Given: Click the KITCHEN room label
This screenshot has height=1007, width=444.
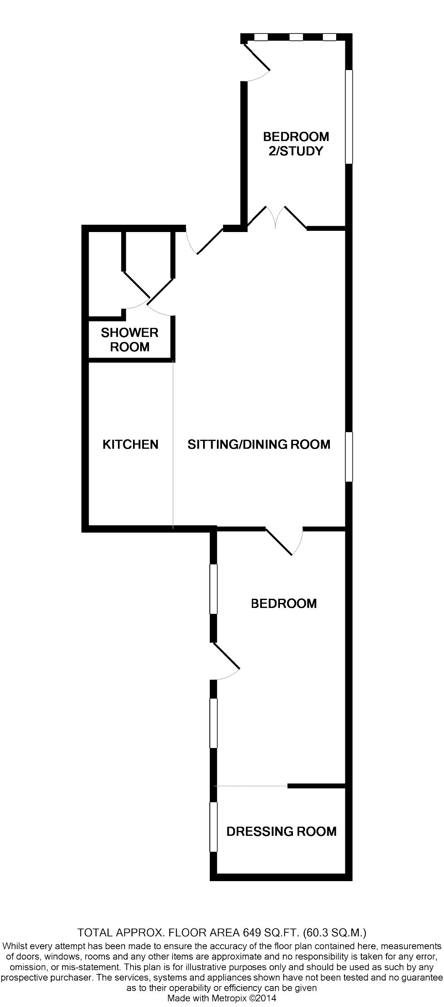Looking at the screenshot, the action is click(x=131, y=444).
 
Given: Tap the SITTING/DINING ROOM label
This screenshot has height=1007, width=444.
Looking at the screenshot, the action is click(x=259, y=444).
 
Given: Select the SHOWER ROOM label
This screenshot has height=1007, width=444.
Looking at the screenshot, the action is click(x=130, y=340).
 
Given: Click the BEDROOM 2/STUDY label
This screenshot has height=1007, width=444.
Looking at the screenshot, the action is click(x=296, y=144).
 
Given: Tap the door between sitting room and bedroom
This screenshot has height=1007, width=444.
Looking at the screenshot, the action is click(x=285, y=541).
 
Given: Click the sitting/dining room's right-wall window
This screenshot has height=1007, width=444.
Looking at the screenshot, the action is click(x=349, y=457).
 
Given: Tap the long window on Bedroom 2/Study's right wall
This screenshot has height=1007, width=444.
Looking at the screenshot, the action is click(x=349, y=116).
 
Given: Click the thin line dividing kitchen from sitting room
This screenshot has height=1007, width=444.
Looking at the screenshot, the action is click(x=173, y=444).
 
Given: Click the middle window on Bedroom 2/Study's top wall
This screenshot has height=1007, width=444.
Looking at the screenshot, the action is click(x=296, y=37).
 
